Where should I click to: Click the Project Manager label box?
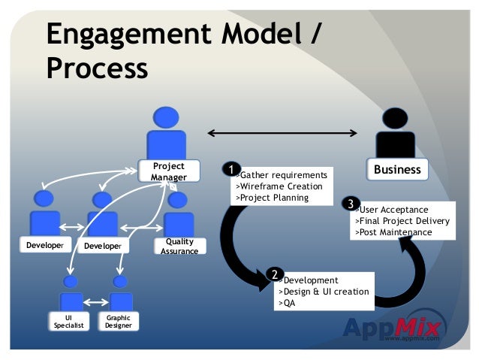(x=168, y=171)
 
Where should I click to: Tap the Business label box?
(x=397, y=169)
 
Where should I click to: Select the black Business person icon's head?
(x=396, y=119)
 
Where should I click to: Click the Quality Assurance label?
(x=179, y=246)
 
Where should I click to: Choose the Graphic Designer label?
(x=118, y=322)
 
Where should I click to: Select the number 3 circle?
(x=349, y=204)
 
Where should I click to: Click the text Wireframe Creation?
(x=279, y=186)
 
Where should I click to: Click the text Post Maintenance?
(x=393, y=232)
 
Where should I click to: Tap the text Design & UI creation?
(x=324, y=292)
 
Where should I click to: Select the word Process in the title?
(x=97, y=68)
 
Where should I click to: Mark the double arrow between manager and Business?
(x=282, y=134)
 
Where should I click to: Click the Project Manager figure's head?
(x=166, y=118)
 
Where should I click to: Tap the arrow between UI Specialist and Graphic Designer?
(x=95, y=303)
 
